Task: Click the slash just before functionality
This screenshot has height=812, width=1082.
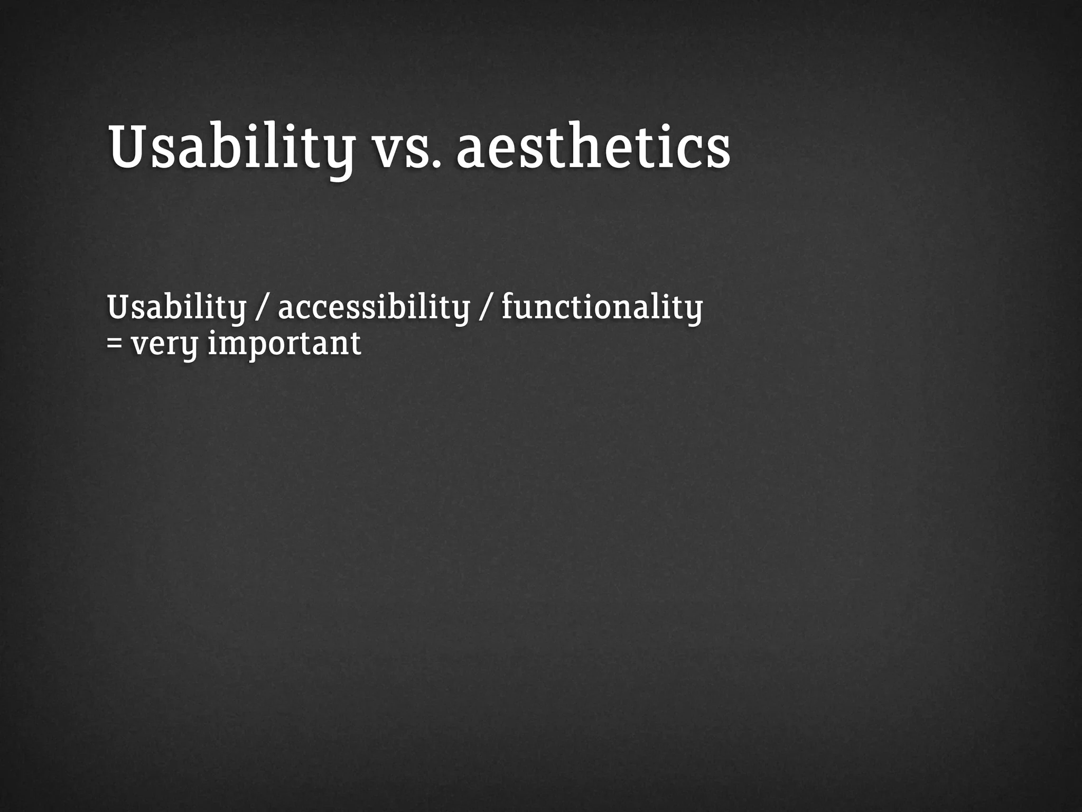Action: (x=485, y=308)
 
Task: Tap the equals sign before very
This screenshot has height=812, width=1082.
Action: (x=114, y=344)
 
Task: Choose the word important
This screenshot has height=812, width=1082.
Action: (x=284, y=344)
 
